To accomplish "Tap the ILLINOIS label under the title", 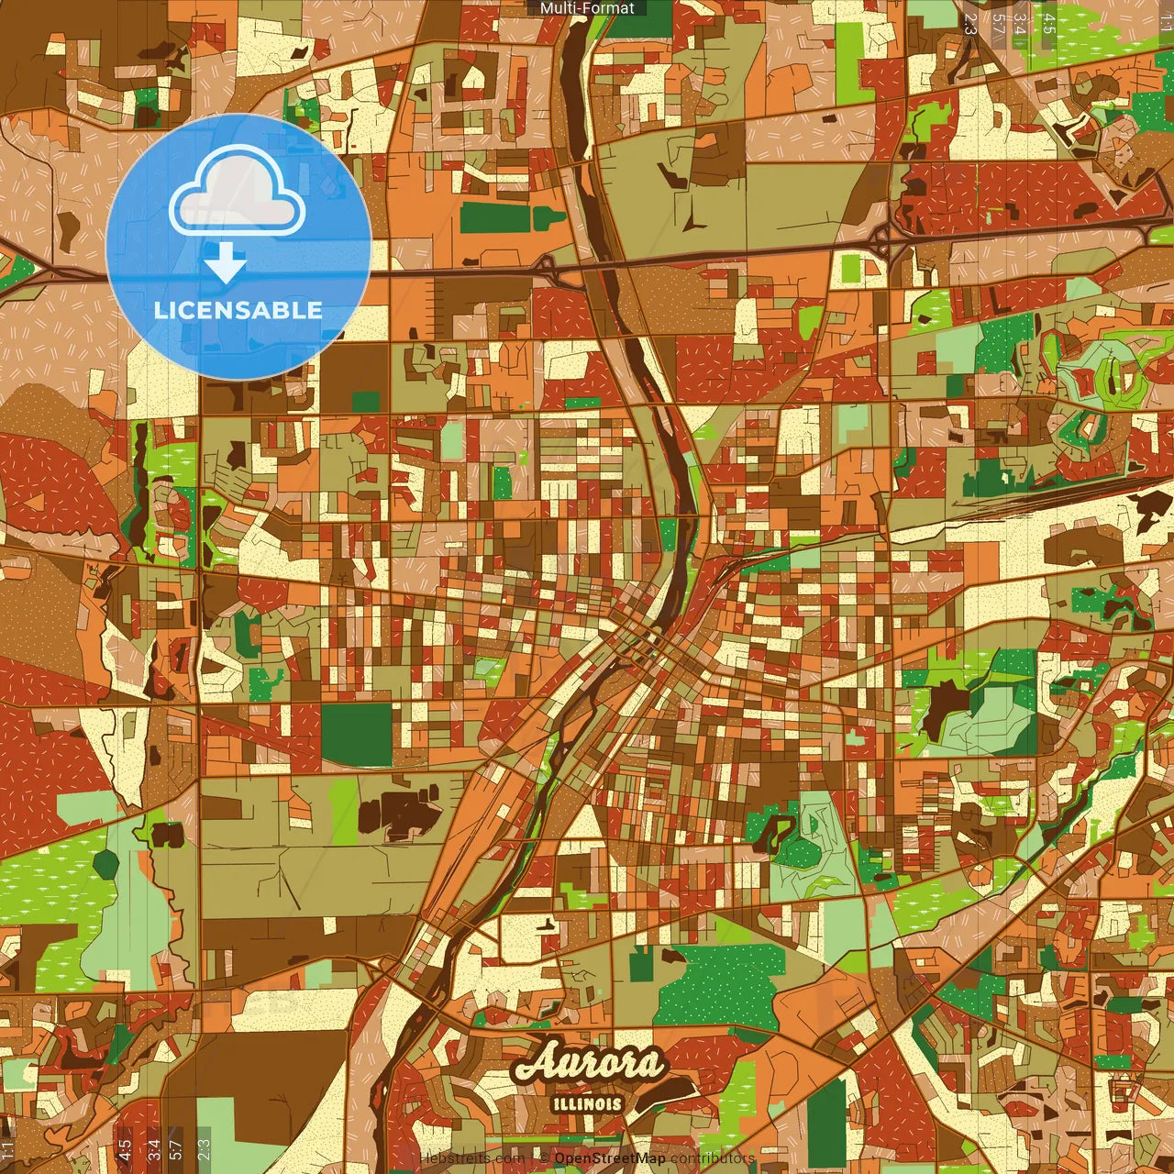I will pyautogui.click(x=588, y=1104).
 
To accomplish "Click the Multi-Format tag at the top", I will pyautogui.click(x=587, y=8).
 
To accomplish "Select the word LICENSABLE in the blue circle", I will pyautogui.click(x=238, y=310).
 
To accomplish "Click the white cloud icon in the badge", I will pyautogui.click(x=238, y=189).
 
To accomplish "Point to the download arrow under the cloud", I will pyautogui.click(x=226, y=264).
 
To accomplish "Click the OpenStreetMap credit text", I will pyautogui.click(x=610, y=1158).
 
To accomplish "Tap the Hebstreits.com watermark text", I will pyautogui.click(x=471, y=1158).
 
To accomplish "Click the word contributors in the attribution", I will pyautogui.click(x=713, y=1158).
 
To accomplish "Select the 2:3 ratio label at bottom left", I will pyautogui.click(x=204, y=1149).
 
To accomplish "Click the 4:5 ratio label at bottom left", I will pyautogui.click(x=125, y=1149).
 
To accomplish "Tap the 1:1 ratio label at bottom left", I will pyautogui.click(x=8, y=1149).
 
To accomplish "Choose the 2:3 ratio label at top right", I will pyautogui.click(x=970, y=24).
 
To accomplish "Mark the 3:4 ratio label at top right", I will pyautogui.click(x=1019, y=24).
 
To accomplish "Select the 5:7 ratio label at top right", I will pyautogui.click(x=997, y=24).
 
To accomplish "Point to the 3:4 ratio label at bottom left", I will pyautogui.click(x=154, y=1149).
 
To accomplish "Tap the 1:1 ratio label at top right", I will pyautogui.click(x=1165, y=24).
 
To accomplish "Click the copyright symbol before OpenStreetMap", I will pyautogui.click(x=544, y=1158).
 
